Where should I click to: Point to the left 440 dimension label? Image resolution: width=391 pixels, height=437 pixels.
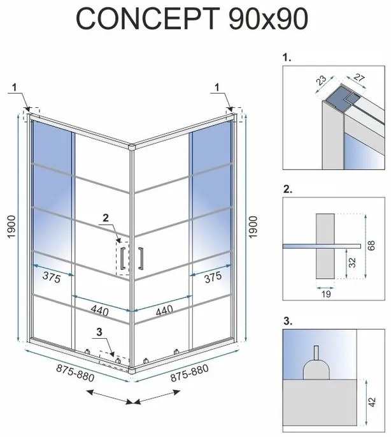99,311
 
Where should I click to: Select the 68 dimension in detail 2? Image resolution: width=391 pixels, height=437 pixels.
374,246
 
